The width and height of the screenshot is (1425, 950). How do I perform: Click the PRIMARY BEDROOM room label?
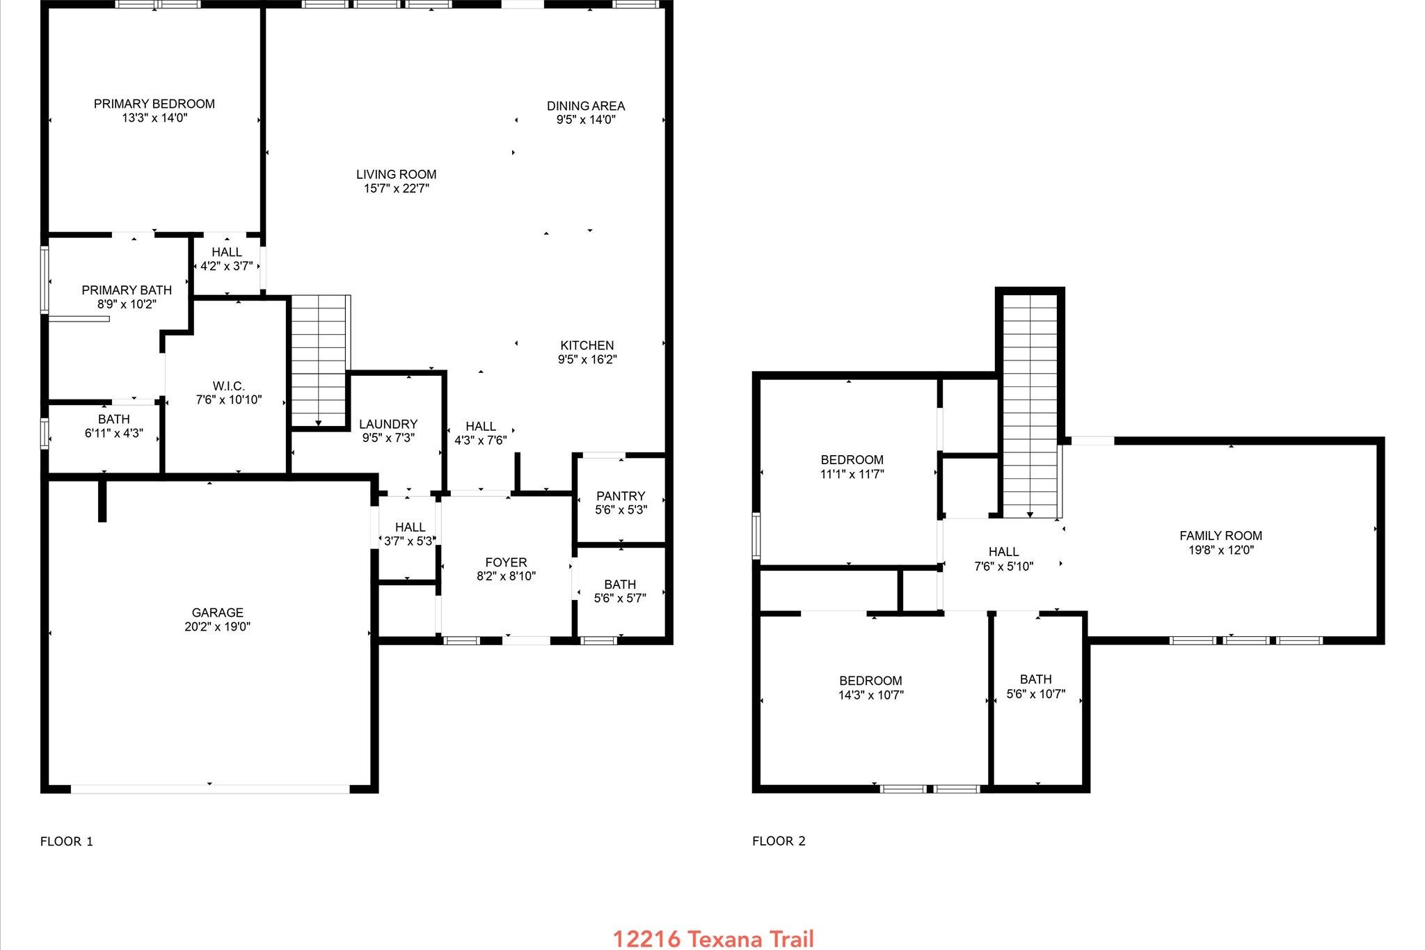click(154, 104)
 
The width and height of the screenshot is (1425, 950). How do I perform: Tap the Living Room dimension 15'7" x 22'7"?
click(396, 189)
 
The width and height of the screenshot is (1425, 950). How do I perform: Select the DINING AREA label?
click(585, 106)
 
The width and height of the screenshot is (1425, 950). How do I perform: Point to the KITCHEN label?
click(587, 345)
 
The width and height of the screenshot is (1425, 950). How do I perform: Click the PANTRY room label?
click(620, 496)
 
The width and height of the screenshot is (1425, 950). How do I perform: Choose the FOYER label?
click(506, 562)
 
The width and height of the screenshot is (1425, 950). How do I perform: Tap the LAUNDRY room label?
click(388, 424)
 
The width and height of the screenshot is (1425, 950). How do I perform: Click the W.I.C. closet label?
click(228, 386)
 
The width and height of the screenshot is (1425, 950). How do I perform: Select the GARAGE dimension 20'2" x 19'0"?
click(217, 626)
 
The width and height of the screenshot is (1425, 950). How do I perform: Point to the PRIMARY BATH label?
click(127, 290)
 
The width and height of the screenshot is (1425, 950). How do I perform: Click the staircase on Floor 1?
click(318, 358)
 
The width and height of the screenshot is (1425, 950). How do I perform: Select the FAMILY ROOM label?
click(1220, 535)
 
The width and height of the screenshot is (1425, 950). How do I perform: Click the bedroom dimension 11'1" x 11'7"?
click(852, 474)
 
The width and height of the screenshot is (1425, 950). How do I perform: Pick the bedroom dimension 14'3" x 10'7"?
click(870, 695)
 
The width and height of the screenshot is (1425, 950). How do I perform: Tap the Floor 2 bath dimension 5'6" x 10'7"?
click(1035, 694)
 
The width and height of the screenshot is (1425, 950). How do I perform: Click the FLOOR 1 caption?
click(67, 841)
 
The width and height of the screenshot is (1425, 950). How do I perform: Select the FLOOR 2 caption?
click(779, 841)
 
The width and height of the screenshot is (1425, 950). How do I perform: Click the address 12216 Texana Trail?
click(712, 939)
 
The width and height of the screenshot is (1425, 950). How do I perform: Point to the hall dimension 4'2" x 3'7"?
click(227, 266)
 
